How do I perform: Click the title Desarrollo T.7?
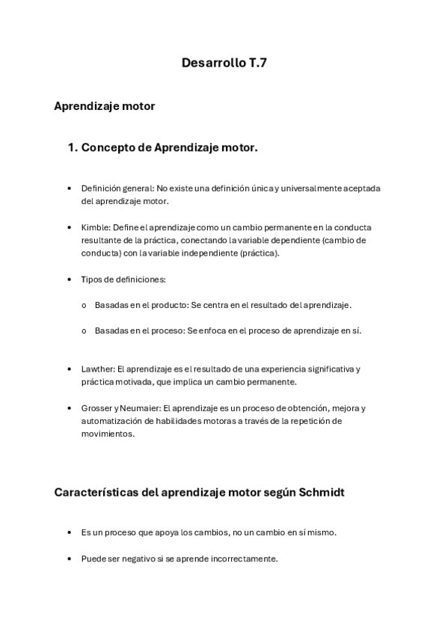[x=224, y=64]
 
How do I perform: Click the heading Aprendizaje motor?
[x=104, y=106]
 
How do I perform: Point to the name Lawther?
[x=96, y=369]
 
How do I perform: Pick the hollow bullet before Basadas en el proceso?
[x=84, y=331]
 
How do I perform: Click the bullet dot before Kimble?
[x=69, y=227]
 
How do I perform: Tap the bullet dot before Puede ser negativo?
[x=69, y=558]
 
